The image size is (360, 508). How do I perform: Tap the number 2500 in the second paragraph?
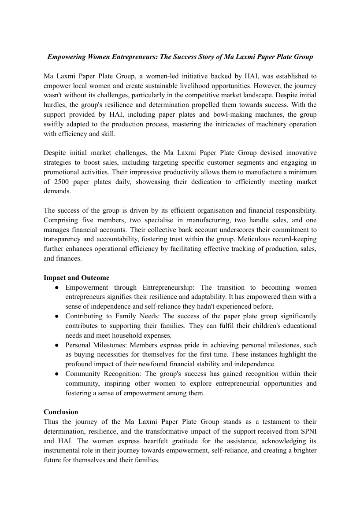coord(62,182)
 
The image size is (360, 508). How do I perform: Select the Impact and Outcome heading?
coord(76,278)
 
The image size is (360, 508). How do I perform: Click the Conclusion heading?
coord(61,412)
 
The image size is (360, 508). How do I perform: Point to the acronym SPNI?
coord(307,431)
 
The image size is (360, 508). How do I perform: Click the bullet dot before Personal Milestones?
coord(57,345)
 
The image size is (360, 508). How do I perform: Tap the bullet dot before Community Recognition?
coord(57,374)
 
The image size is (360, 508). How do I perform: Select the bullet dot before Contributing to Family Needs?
coord(57,316)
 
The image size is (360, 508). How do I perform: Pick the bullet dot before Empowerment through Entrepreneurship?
coord(57,287)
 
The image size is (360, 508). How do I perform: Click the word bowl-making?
coord(217,114)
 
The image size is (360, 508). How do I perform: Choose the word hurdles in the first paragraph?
coord(55,105)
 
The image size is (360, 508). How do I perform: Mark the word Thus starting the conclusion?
coord(51,422)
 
